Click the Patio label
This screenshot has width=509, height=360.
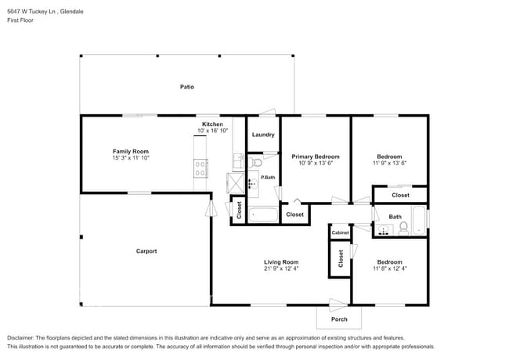pyautogui.click(x=186, y=87)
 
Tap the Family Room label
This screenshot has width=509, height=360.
pyautogui.click(x=131, y=151)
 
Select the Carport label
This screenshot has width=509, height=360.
pyautogui.click(x=146, y=251)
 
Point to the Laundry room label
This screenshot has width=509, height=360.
pyautogui.click(x=263, y=135)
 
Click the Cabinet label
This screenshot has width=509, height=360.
pyautogui.click(x=340, y=233)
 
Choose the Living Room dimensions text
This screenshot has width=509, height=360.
pyautogui.click(x=280, y=268)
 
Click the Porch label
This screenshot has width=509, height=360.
pyautogui.click(x=339, y=319)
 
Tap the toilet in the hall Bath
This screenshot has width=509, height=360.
pyautogui.click(x=404, y=228)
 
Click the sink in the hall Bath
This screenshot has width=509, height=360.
pyautogui.click(x=384, y=229)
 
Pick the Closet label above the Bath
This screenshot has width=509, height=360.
pyautogui.click(x=400, y=195)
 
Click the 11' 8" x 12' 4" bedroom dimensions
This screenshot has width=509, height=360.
pyautogui.click(x=389, y=268)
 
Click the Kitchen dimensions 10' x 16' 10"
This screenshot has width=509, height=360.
pyautogui.click(x=212, y=131)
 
